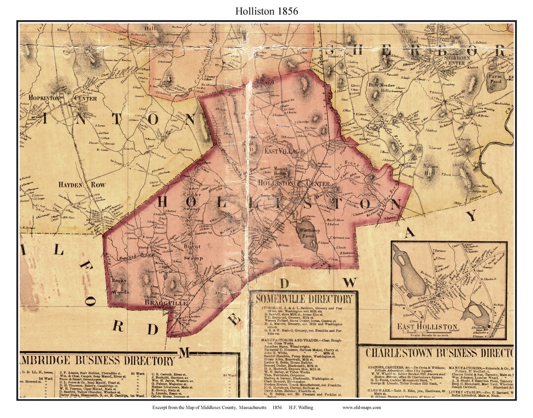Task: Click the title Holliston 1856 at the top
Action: (x=266, y=10)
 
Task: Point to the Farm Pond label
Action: (x=494, y=79)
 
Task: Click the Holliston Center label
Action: (x=294, y=183)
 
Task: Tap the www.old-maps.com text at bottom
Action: (x=362, y=408)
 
